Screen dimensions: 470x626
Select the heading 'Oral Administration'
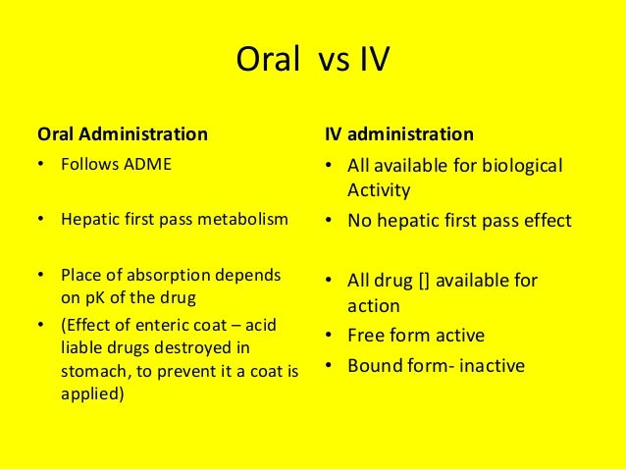(x=122, y=132)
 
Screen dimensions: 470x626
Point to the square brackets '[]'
(x=423, y=282)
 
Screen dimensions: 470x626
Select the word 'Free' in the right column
(x=365, y=336)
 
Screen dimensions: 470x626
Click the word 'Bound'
(x=374, y=365)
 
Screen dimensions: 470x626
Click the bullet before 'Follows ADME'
(x=39, y=164)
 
